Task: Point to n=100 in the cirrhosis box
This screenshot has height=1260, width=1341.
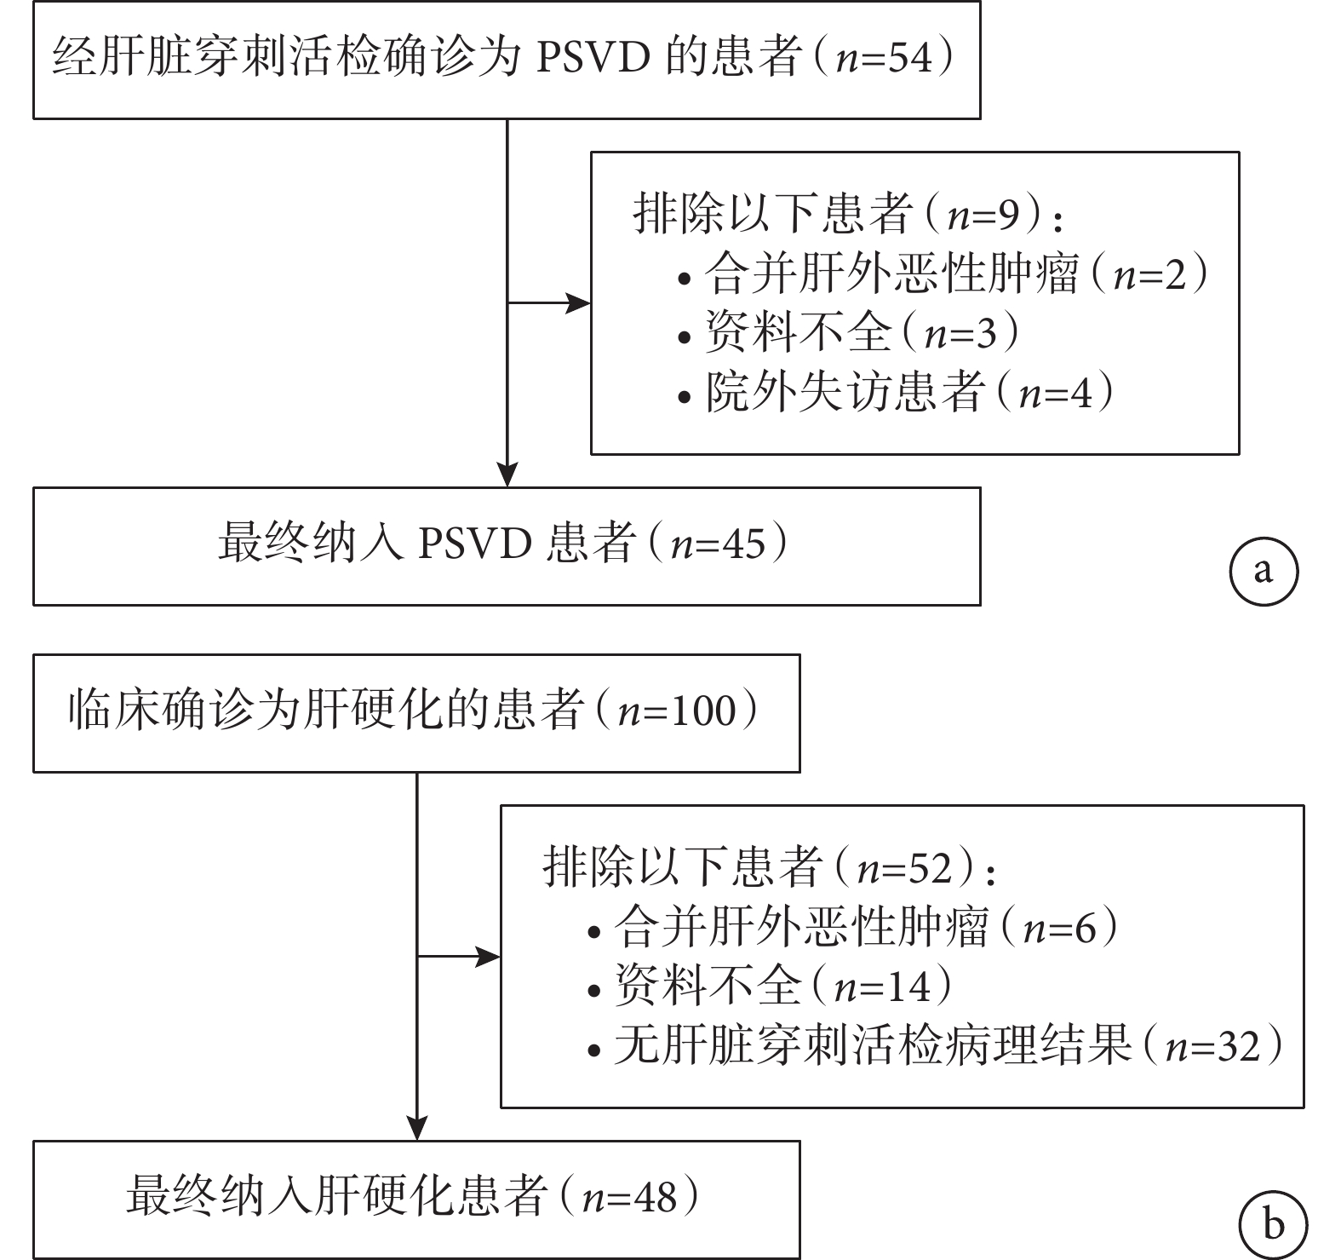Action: click(x=677, y=711)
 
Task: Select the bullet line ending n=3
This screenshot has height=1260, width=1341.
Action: click(x=848, y=332)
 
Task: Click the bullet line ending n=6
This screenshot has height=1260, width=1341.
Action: click(x=852, y=927)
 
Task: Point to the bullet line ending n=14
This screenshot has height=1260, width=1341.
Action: click(x=770, y=986)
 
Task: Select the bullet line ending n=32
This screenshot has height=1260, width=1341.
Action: click(x=936, y=1044)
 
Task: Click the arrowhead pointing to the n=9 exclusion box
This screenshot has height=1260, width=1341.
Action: click(x=579, y=303)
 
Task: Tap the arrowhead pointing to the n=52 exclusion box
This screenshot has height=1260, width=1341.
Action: click(x=489, y=957)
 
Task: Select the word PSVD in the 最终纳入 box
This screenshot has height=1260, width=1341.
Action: click(x=474, y=544)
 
